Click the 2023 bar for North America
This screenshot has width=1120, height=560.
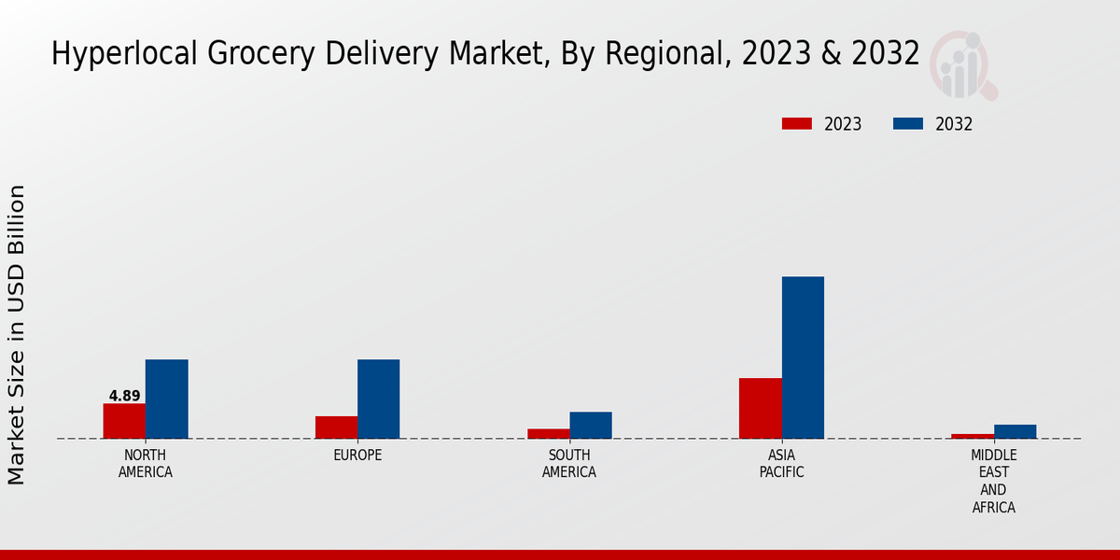pyautogui.click(x=124, y=421)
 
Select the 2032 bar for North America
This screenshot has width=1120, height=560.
pyautogui.click(x=166, y=399)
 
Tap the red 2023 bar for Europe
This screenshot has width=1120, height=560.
pyautogui.click(x=336, y=427)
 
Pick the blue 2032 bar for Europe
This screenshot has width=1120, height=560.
pyautogui.click(x=378, y=399)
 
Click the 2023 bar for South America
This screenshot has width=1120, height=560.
pyautogui.click(x=548, y=433)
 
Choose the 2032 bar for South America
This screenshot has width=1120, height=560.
pyautogui.click(x=591, y=425)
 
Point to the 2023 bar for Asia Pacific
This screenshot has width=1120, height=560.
pyautogui.click(x=760, y=408)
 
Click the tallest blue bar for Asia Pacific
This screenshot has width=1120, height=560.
pyautogui.click(x=803, y=357)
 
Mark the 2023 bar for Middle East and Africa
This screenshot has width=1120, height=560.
pyautogui.click(x=973, y=436)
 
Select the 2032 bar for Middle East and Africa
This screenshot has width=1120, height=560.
pyautogui.click(x=1015, y=431)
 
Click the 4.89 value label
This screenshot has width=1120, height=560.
pyautogui.click(x=124, y=396)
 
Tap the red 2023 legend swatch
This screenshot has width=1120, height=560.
pyautogui.click(x=797, y=124)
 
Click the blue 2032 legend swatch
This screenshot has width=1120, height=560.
pyautogui.click(x=908, y=124)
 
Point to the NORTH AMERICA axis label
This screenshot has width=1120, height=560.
pyautogui.click(x=146, y=464)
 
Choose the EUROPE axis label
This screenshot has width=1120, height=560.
pyautogui.click(x=357, y=455)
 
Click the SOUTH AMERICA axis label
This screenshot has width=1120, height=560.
pyautogui.click(x=569, y=464)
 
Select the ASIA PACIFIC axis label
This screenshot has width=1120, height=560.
pyautogui.click(x=781, y=464)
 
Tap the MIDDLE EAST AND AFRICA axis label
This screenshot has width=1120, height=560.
pyautogui.click(x=993, y=482)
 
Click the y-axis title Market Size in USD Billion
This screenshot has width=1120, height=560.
pyautogui.click(x=17, y=334)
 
